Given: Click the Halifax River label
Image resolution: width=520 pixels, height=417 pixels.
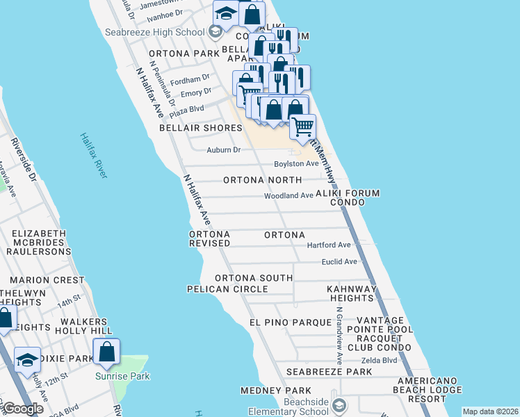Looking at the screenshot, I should point(93,156).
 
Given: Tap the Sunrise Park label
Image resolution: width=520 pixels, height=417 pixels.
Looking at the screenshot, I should point(123,376).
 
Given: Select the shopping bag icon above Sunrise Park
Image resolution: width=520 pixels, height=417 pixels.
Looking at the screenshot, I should point(107,352).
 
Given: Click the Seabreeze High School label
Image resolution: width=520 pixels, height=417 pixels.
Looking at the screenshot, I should point(154,32).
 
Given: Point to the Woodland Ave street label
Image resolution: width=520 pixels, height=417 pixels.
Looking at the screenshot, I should point(289,196).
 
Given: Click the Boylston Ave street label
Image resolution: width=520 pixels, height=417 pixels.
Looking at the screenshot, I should point(296,163).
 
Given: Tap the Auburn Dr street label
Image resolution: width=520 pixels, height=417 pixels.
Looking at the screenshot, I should point(224,149).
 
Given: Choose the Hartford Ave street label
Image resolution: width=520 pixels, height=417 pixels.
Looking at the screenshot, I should point(330,245).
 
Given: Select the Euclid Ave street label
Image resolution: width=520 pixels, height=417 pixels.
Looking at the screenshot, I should point(339,261).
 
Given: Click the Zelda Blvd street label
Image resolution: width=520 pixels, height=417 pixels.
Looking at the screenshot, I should point(379,360).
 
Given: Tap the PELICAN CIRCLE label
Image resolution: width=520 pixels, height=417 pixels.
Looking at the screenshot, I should point(227,288).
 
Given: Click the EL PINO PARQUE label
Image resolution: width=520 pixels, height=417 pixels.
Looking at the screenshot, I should point(291,322).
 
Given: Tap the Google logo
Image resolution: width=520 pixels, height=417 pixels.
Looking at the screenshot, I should point(23,409).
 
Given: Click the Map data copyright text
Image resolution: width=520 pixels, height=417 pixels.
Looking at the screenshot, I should point(490,411).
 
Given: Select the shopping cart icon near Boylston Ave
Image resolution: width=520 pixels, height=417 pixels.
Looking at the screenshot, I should point(302,126).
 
